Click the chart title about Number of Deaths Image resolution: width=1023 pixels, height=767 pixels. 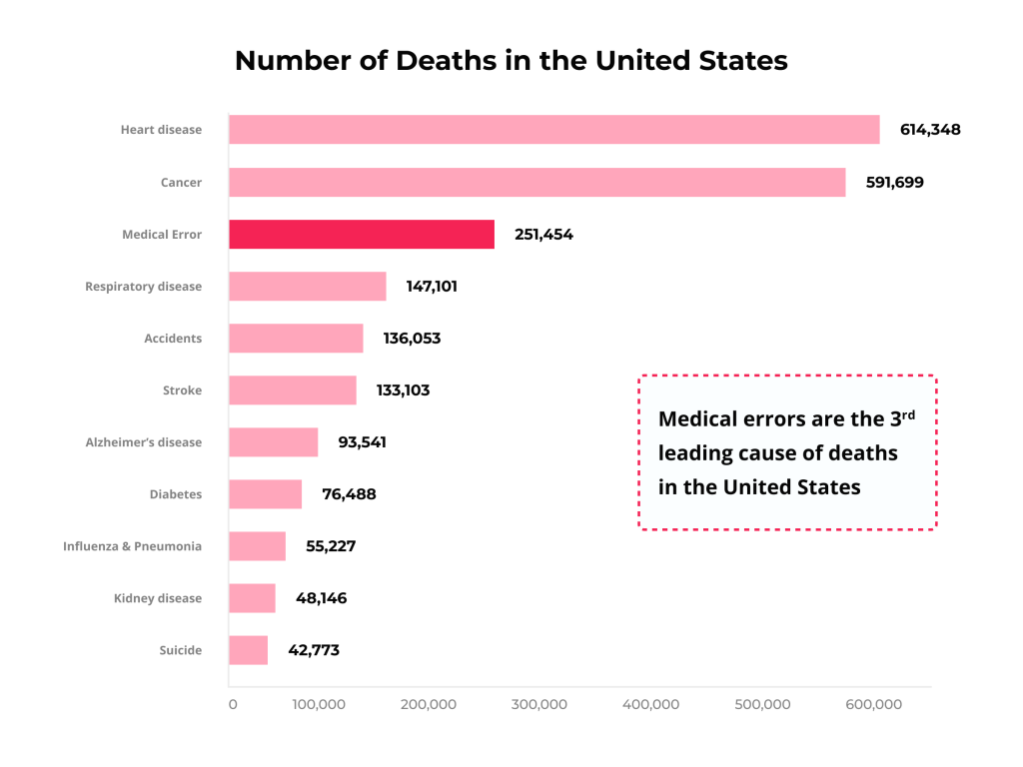coord(511,61)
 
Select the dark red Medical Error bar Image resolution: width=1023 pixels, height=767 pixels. coord(361,235)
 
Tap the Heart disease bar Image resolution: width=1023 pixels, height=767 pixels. coord(553,130)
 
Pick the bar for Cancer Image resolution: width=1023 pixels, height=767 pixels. coord(536,183)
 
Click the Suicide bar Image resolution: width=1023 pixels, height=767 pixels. coord(248,650)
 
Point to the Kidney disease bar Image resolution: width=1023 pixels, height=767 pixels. coord(252,598)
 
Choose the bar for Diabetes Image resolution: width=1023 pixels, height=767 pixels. coord(265,494)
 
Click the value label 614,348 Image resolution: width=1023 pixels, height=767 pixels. coord(930,130)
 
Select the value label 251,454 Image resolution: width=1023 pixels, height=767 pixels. coord(543,235)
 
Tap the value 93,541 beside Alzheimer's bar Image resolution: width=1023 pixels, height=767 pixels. coord(362,442)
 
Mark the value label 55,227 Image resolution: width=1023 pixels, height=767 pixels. coord(331,546)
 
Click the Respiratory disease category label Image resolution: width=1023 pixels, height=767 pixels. coord(143,287)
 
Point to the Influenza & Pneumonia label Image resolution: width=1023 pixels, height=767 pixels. coord(132,546)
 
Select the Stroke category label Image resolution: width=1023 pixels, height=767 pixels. coord(182,390)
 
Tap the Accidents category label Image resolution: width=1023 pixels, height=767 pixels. coord(173,339)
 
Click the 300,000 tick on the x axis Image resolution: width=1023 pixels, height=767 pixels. coord(539,705)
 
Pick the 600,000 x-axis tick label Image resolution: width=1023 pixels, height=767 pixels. coord(874,705)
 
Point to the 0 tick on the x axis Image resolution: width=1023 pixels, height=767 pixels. coord(233,705)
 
